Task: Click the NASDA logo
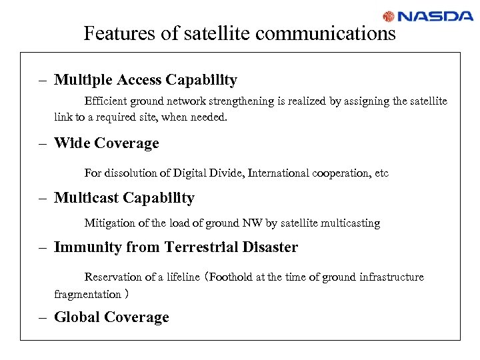tap(427, 16)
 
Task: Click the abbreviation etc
tap(381, 173)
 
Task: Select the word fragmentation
tap(87, 294)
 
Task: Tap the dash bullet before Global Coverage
tap(42, 318)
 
